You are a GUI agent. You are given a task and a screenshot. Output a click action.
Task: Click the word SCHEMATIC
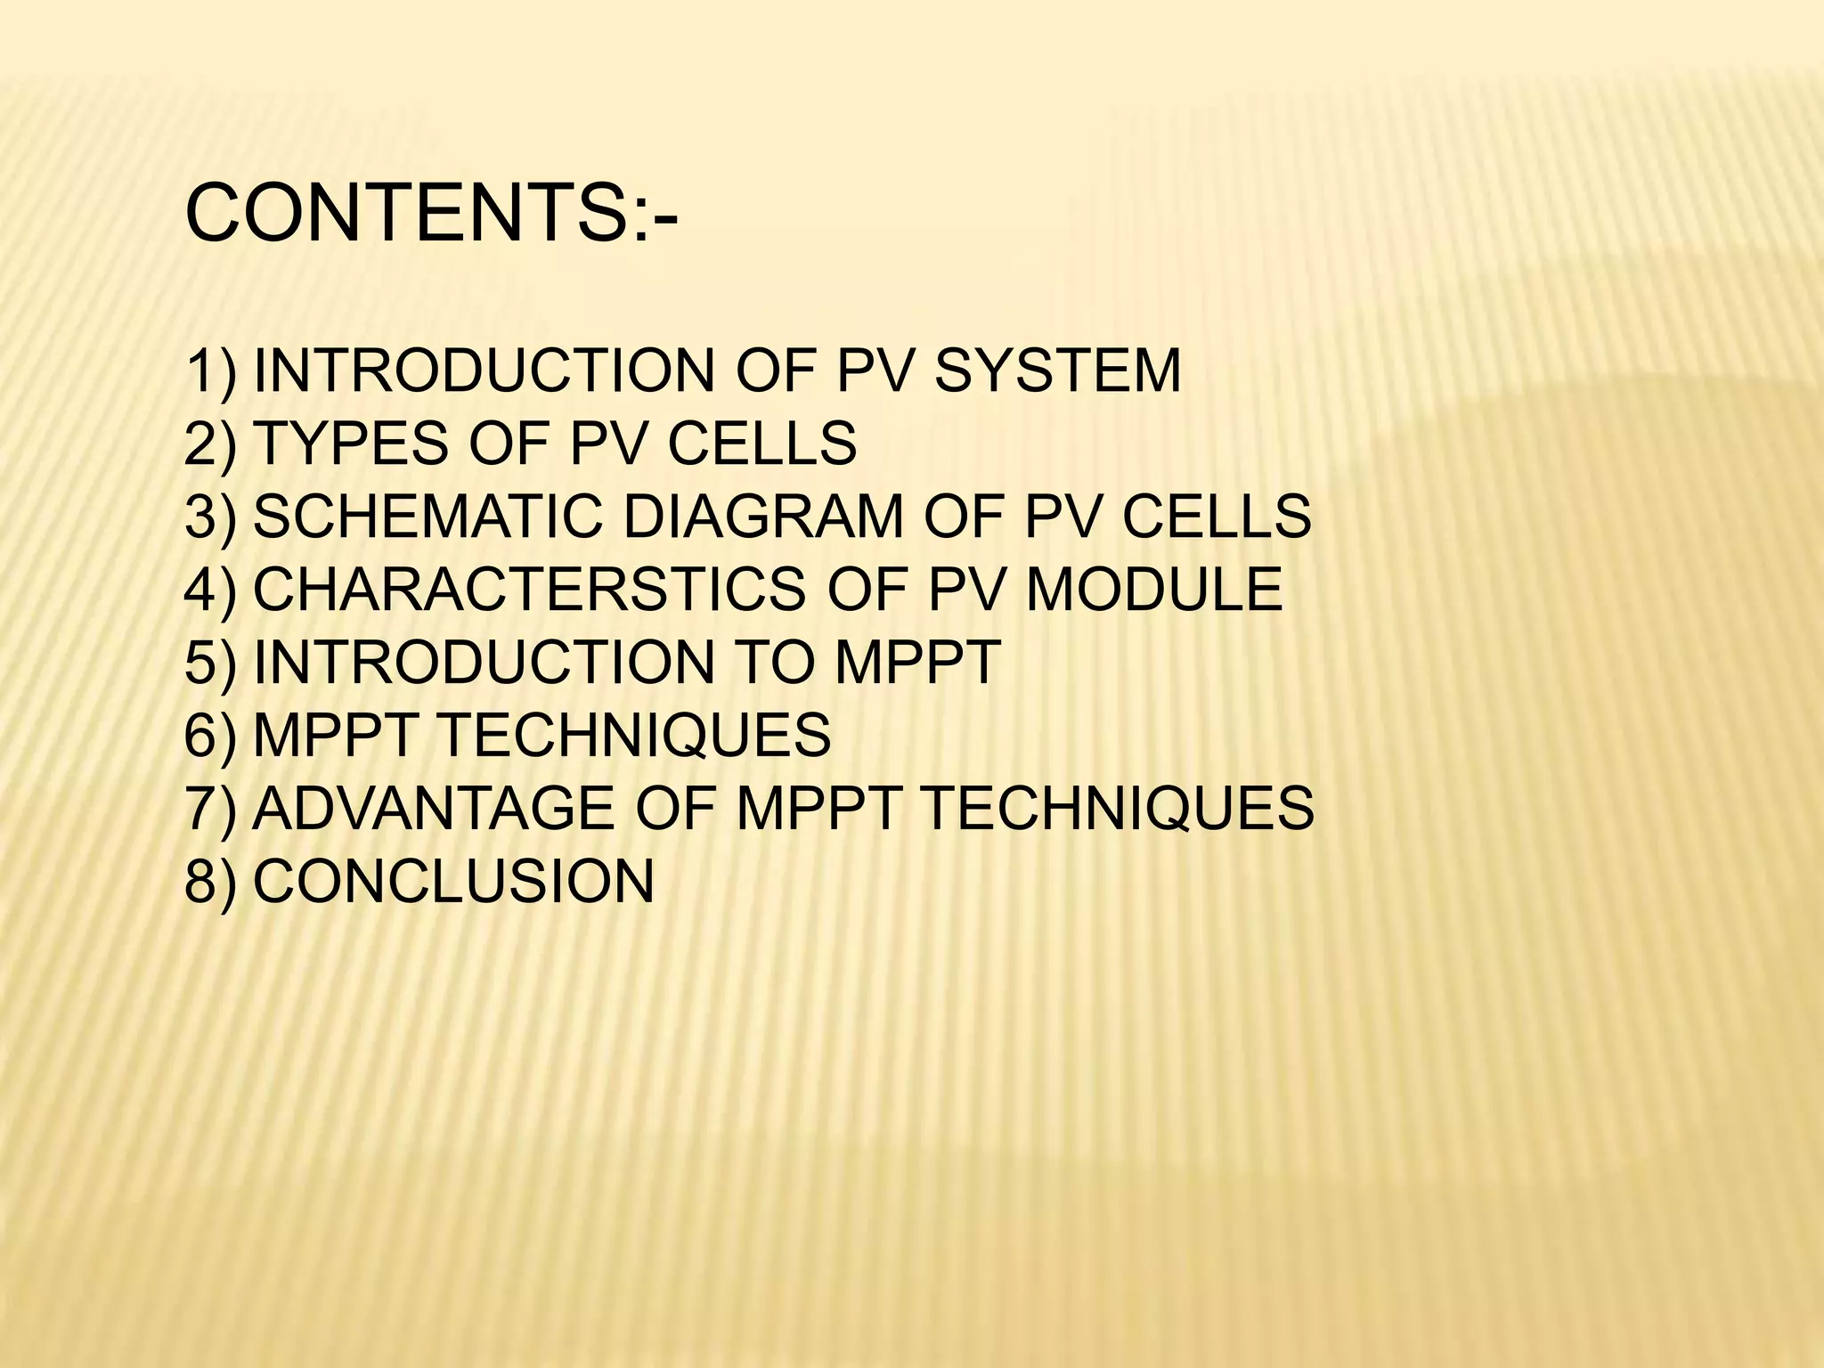pyautogui.click(x=428, y=517)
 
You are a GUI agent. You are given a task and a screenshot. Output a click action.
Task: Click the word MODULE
pyautogui.click(x=1154, y=590)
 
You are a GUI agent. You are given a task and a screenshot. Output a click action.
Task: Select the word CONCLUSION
pyautogui.click(x=453, y=882)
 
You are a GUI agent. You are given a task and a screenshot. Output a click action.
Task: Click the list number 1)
pyautogui.click(x=211, y=370)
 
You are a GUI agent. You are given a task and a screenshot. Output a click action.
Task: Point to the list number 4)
pyautogui.click(x=211, y=590)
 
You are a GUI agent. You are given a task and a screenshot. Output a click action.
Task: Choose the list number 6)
pyautogui.click(x=211, y=736)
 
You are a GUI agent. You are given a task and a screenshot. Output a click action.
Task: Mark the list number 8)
pyautogui.click(x=211, y=882)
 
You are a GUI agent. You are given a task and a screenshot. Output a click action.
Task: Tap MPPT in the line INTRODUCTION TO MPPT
pyautogui.click(x=916, y=663)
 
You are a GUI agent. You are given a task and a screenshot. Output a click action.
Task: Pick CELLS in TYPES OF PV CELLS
pyautogui.click(x=761, y=444)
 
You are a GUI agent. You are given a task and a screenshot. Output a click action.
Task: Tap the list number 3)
pyautogui.click(x=211, y=517)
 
